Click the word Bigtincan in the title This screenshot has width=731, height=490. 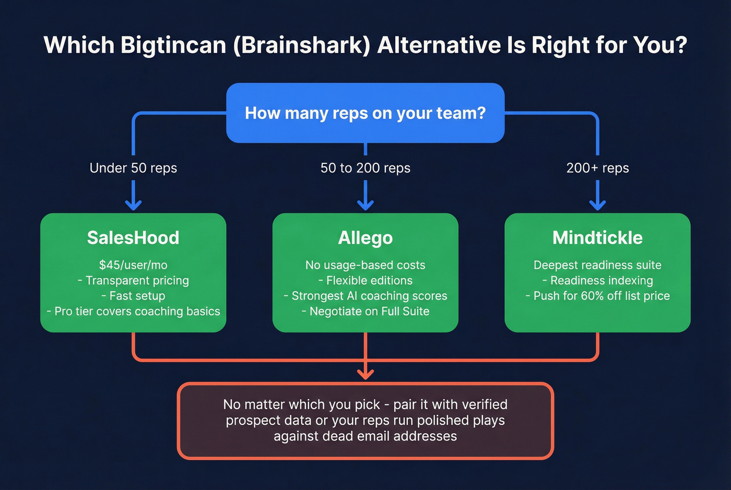[x=173, y=45]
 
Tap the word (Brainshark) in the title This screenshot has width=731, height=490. [x=301, y=45]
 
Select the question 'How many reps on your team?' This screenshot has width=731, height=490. [x=365, y=113]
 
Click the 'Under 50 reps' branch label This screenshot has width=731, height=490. [x=133, y=168]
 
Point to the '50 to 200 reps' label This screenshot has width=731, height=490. [x=365, y=168]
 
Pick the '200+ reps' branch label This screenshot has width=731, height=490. [x=597, y=168]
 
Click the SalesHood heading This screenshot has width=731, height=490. [x=133, y=238]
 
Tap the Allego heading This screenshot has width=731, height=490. [x=365, y=238]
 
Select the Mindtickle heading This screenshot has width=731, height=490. [x=597, y=238]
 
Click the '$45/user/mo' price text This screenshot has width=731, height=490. [x=133, y=265]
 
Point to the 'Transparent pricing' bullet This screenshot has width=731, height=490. [x=137, y=281]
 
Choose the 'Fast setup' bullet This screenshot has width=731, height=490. [x=137, y=296]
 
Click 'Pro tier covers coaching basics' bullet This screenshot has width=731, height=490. [x=137, y=312]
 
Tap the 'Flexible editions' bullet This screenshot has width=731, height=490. [x=369, y=281]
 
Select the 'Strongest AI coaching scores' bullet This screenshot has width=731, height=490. [x=369, y=296]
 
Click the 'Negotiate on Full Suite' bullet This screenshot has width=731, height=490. [x=369, y=312]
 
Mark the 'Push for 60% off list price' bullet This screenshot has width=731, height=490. [x=601, y=296]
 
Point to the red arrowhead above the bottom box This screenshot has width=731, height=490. [x=365, y=374]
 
